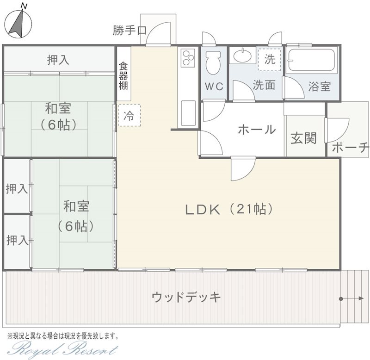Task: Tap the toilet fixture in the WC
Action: click(x=213, y=62)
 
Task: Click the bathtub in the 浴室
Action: click(x=311, y=60)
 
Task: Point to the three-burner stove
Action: click(x=188, y=57)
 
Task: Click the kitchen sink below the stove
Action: click(x=188, y=113)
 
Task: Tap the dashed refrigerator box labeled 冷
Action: click(x=129, y=115)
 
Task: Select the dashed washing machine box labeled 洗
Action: click(x=269, y=60)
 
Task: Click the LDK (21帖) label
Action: click(x=229, y=209)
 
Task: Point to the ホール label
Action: click(x=257, y=130)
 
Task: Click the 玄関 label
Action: click(x=303, y=138)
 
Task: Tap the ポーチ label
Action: click(x=351, y=147)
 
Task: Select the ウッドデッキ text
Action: click(x=186, y=297)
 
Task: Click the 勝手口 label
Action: click(x=129, y=31)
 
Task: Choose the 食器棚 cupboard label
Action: click(x=123, y=76)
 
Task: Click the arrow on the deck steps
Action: click(x=351, y=298)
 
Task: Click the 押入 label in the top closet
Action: click(x=58, y=60)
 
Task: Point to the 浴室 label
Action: click(x=319, y=87)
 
